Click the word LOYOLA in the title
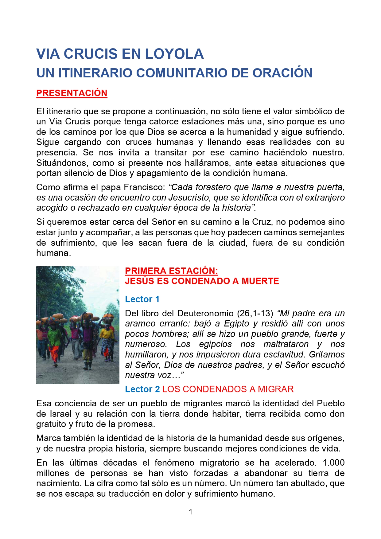pyautogui.click(x=174, y=54)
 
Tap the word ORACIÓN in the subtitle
pyautogui.click(x=282, y=73)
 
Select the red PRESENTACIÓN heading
pyautogui.click(x=72, y=93)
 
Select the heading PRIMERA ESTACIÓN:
pyautogui.click(x=171, y=271)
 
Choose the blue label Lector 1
pyautogui.click(x=142, y=299)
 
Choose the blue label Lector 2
pyautogui.click(x=142, y=389)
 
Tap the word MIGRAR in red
pyautogui.click(x=275, y=389)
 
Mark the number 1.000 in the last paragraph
pyautogui.click(x=333, y=463)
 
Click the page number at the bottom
pyautogui.click(x=191, y=512)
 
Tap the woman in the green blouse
pyautogui.click(x=54, y=338)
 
